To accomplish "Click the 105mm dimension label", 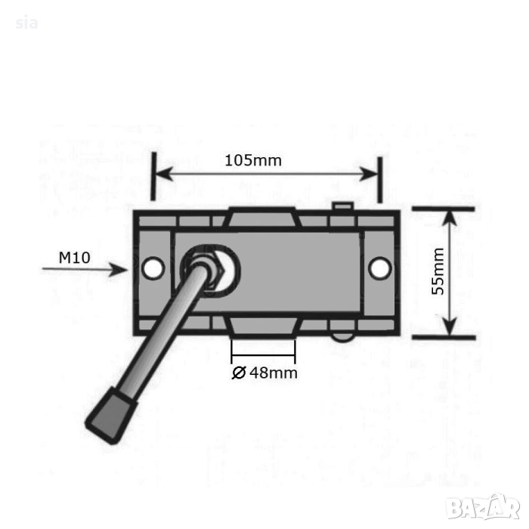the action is pos(253,160).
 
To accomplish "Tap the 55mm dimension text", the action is pos(438,271).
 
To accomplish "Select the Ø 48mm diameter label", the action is pos(264,373).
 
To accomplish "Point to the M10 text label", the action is pos(75,258).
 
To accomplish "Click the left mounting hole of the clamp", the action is pos(153,268).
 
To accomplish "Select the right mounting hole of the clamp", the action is pos(380,268).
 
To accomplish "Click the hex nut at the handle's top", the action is pos(205,268).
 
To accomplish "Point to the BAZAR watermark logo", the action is pos(482,507).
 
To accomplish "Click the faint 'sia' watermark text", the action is pos(26,23).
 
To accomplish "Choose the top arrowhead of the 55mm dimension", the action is pos(450,218).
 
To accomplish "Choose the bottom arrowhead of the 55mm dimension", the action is pos(450,327).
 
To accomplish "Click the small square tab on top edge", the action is pos(342,206).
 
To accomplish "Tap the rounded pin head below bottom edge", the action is pos(342,338).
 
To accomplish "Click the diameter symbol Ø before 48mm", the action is pos(239,373).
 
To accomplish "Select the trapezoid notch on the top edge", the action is pos(263,218).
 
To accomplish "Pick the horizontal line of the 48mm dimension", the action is pos(263,355).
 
